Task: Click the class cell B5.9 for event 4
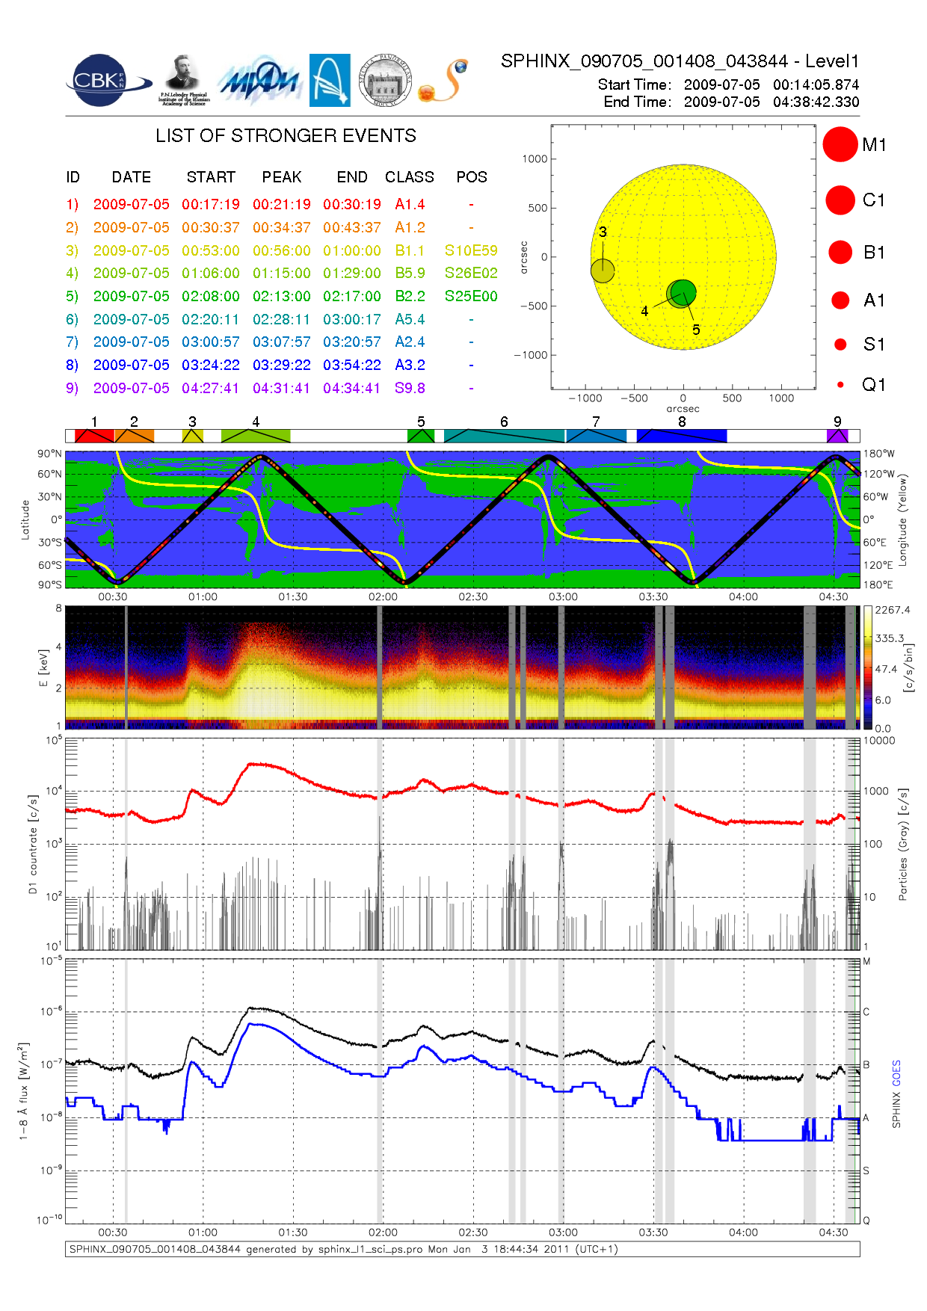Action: click(x=410, y=273)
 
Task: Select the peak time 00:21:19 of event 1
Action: click(x=281, y=204)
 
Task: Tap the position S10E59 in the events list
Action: click(x=470, y=250)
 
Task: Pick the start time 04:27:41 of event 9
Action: click(x=210, y=388)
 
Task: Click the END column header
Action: click(x=351, y=177)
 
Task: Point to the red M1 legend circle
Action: click(x=840, y=144)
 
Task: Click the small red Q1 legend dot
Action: click(x=840, y=385)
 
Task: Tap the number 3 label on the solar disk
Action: click(x=603, y=232)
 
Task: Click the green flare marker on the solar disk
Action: click(x=683, y=292)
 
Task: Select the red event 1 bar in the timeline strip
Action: click(x=94, y=436)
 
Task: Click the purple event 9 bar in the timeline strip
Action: click(x=837, y=436)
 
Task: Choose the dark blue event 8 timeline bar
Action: click(x=681, y=436)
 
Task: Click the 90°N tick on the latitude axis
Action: click(x=50, y=454)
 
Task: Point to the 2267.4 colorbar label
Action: click(x=893, y=610)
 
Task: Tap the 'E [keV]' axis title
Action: click(x=43, y=667)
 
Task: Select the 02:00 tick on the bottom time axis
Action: click(x=383, y=1233)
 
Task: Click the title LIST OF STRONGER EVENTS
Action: click(x=286, y=136)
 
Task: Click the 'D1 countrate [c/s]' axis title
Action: click(x=33, y=845)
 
